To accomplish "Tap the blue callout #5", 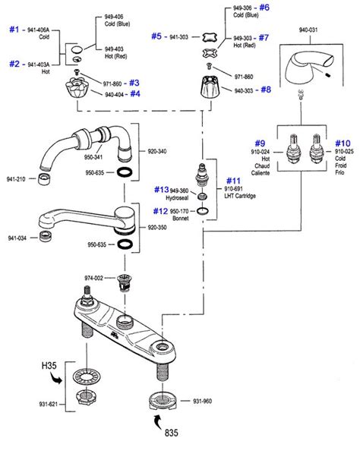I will [x=156, y=35].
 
